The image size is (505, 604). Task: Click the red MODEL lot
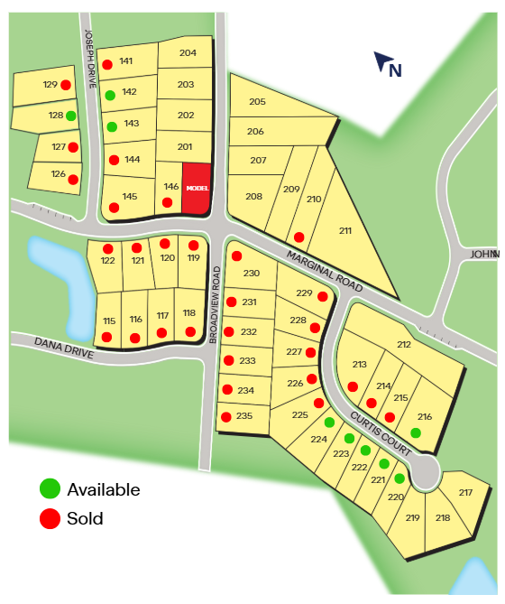(196, 189)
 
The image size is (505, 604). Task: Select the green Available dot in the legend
(50, 489)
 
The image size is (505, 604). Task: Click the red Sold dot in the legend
(50, 518)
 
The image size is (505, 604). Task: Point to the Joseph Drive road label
(89, 58)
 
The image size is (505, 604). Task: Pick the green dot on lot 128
(70, 116)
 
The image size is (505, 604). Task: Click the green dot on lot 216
(416, 432)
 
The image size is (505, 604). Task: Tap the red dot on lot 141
(107, 64)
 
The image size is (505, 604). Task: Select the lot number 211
(345, 231)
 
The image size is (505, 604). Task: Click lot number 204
(188, 53)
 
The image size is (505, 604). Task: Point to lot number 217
(465, 492)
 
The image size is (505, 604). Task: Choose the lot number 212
(403, 345)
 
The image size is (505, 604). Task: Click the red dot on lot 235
(225, 416)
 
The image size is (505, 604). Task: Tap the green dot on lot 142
(109, 95)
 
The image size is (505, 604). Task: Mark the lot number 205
(257, 102)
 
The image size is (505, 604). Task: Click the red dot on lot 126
(73, 179)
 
